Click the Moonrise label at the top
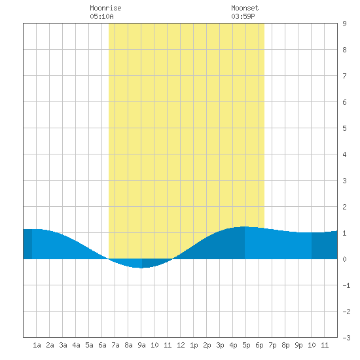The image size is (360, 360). click(x=105, y=8)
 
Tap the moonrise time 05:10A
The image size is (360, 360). click(x=101, y=16)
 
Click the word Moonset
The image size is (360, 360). click(x=245, y=8)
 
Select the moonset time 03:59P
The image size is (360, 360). click(x=243, y=16)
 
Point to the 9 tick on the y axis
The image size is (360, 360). click(x=344, y=24)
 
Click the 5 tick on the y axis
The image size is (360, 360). click(x=344, y=128)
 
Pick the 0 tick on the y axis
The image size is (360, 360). click(x=344, y=259)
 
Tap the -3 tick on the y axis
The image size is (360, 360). click(x=346, y=338)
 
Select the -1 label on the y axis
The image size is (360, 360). click(x=346, y=285)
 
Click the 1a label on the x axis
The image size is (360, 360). click(x=37, y=345)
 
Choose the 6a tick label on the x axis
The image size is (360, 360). click(x=102, y=345)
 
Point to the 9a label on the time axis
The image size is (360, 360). click(x=141, y=345)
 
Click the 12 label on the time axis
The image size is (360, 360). click(x=181, y=345)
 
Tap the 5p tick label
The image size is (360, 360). click(x=246, y=345)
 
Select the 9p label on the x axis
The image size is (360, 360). click(x=298, y=345)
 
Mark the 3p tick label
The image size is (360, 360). click(x=220, y=345)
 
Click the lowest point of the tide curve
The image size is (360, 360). click(x=141, y=268)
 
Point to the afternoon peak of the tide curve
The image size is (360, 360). click(x=245, y=226)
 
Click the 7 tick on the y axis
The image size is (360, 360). click(x=344, y=76)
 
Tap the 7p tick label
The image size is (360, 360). click(x=272, y=345)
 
